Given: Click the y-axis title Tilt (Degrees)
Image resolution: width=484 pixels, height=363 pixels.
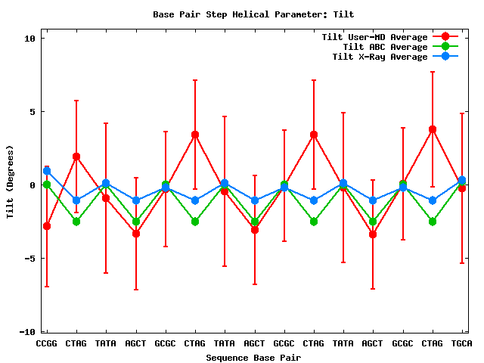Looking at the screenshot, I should click(11, 185).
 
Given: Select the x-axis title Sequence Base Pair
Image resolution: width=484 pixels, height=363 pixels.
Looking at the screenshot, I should click(253, 357).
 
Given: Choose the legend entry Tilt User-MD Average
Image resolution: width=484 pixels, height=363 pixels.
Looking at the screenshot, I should click(374, 37).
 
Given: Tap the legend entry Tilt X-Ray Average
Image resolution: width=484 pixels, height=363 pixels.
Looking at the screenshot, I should click(380, 57).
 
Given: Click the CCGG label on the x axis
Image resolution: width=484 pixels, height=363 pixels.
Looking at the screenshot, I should click(47, 344).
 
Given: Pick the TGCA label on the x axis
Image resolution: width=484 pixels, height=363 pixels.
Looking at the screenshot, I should click(462, 344).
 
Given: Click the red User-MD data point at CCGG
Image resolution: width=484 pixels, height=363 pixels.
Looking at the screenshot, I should click(47, 226).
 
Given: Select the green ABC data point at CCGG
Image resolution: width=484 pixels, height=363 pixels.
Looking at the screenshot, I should click(47, 185).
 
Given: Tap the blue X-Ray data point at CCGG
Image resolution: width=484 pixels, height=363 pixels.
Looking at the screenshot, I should click(47, 171).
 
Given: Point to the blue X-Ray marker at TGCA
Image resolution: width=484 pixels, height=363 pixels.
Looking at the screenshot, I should click(462, 180).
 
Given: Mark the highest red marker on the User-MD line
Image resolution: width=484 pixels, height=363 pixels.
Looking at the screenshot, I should click(433, 129).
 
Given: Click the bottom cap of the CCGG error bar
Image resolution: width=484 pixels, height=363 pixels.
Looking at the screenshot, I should click(47, 287).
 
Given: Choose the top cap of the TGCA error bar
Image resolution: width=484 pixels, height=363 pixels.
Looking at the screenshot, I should click(462, 113).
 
